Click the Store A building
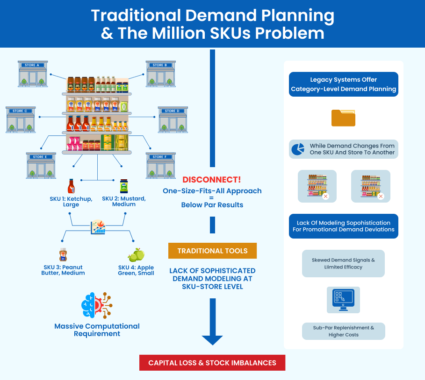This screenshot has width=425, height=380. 33,74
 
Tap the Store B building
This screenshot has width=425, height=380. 160,74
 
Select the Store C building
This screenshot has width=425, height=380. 21,120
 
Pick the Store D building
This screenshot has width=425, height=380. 173,120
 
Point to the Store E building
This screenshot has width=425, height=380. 41,166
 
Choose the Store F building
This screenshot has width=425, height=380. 160,166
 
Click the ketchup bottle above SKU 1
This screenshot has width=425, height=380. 71,186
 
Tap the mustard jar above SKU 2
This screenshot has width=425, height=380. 124,186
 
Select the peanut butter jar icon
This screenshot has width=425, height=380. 63,255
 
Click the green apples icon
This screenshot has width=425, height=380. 136,255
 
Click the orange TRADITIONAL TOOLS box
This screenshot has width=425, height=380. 212,251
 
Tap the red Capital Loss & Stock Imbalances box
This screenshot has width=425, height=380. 212,363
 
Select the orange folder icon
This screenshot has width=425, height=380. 343,118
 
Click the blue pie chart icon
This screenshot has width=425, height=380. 298,149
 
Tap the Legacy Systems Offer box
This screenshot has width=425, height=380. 343,84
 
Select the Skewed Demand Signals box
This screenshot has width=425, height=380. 343,263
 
